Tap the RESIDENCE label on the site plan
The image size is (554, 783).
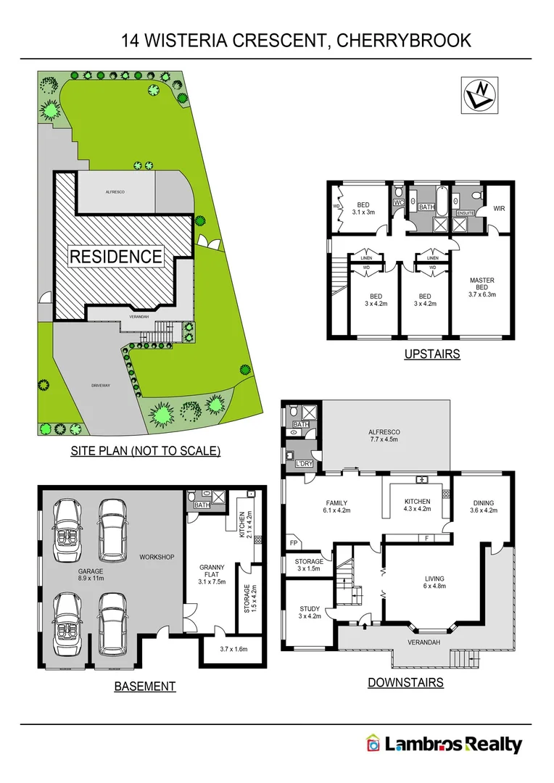(x=116, y=256)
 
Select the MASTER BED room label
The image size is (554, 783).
(x=481, y=285)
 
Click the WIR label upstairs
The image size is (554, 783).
(x=499, y=209)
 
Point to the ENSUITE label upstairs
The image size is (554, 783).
(x=465, y=213)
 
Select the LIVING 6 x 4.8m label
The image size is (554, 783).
(x=435, y=582)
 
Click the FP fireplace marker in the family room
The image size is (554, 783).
(x=294, y=542)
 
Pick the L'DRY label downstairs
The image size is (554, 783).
(x=303, y=463)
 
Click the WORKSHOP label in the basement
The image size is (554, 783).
(x=157, y=557)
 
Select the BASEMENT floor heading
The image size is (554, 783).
(x=145, y=686)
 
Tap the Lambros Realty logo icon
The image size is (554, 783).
(x=373, y=744)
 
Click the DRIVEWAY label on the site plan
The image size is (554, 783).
(x=101, y=385)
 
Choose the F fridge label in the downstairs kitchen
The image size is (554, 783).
(x=426, y=538)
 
